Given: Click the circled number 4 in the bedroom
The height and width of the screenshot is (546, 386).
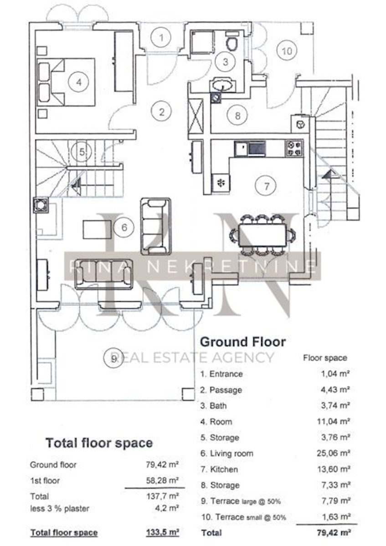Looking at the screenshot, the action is click(x=79, y=82).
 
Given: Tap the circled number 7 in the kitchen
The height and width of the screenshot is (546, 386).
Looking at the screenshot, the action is click(x=266, y=186).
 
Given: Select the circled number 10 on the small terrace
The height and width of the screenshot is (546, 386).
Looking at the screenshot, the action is click(x=287, y=51).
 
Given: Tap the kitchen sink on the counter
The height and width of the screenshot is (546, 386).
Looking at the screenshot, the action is click(x=250, y=149).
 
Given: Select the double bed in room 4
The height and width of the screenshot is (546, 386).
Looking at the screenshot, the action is click(x=66, y=82).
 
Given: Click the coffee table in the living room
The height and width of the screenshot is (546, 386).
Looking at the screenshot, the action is click(x=97, y=229).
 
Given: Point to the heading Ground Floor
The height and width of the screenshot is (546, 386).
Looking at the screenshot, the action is click(x=243, y=342).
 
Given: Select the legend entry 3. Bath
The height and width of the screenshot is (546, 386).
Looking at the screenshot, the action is click(x=213, y=405).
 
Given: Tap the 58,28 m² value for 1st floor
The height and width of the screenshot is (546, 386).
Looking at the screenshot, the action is click(x=162, y=480).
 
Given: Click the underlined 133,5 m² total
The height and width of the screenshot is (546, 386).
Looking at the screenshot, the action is click(x=163, y=531).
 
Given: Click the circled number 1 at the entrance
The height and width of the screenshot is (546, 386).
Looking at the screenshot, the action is click(x=161, y=38).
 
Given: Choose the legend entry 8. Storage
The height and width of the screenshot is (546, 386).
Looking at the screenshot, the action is click(x=220, y=485).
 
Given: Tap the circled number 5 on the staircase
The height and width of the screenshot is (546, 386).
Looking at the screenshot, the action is click(x=82, y=152).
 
